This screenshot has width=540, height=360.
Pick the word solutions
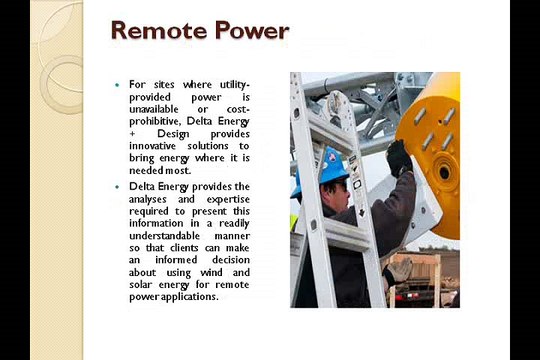(207, 146)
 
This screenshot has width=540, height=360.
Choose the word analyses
(152, 199)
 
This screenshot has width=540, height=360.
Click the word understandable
(169, 235)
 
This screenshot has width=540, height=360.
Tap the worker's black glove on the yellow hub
(399, 156)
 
